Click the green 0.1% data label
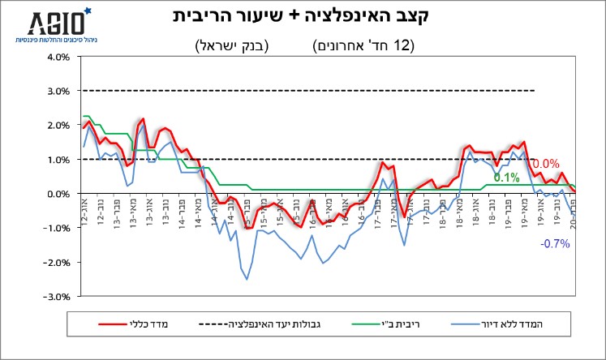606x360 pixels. click(x=506, y=178)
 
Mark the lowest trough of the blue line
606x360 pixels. click(x=247, y=280)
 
